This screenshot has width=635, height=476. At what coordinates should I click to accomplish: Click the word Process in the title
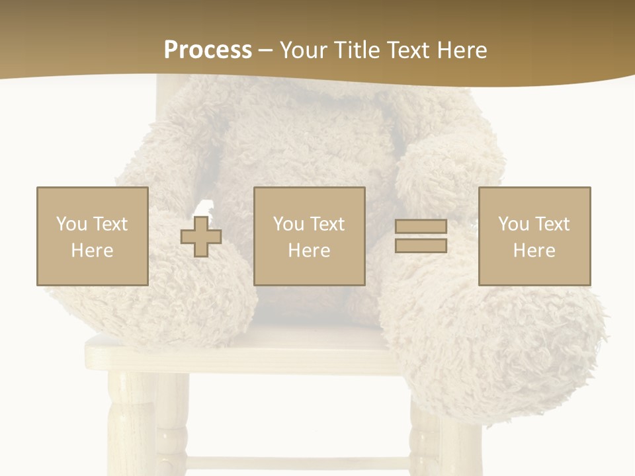point(208,50)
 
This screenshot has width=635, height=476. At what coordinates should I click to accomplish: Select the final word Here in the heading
point(461,50)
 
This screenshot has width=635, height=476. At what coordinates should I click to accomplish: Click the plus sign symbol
point(201,236)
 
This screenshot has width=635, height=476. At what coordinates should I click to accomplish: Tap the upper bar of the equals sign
point(421,226)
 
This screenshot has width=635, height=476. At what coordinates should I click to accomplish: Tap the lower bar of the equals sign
point(421,245)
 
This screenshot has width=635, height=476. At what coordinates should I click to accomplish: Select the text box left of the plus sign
point(92,236)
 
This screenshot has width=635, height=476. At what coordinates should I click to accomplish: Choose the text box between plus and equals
point(309,236)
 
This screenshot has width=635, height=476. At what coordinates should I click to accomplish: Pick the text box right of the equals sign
point(534,236)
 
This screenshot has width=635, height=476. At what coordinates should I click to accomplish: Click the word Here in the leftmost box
point(92,251)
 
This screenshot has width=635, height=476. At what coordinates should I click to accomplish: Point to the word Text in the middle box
point(327,224)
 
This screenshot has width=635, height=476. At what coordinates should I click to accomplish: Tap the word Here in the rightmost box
point(534,251)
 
